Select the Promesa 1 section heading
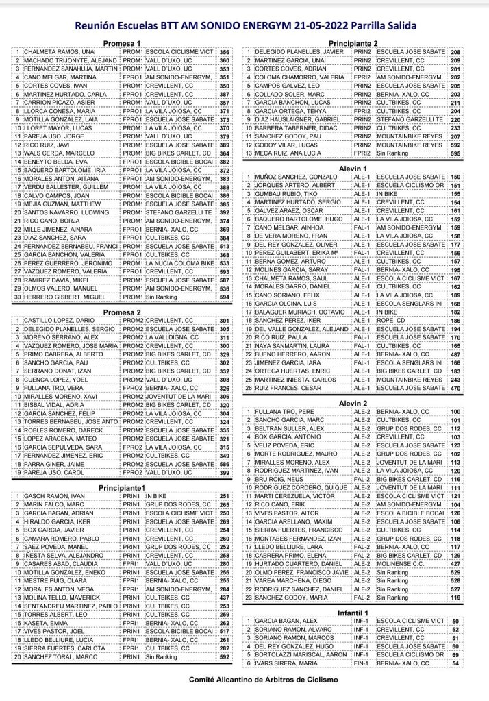121,43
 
